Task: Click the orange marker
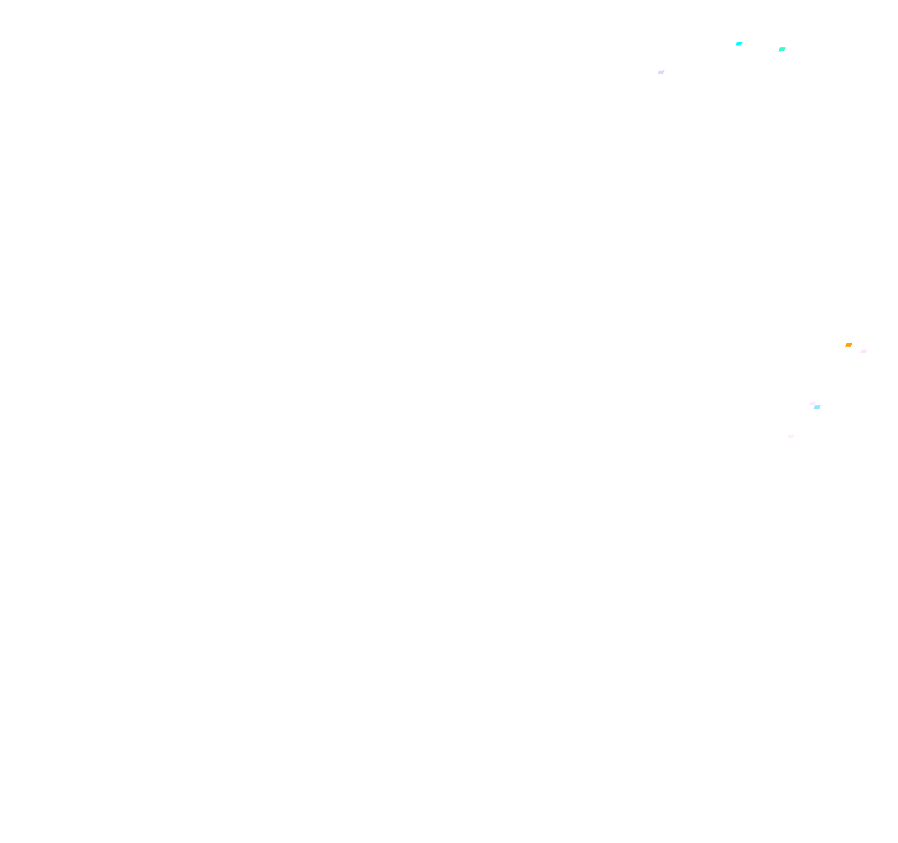click(x=848, y=345)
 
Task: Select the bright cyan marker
click(x=739, y=44)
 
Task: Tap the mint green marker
click(x=782, y=50)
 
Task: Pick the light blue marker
click(x=817, y=407)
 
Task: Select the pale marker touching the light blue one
click(x=812, y=404)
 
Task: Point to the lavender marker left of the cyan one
click(x=661, y=72)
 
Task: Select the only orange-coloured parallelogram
click(x=848, y=345)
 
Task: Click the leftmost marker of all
click(x=661, y=72)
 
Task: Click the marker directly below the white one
click(x=782, y=50)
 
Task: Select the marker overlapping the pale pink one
click(x=817, y=407)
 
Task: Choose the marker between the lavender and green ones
click(x=739, y=44)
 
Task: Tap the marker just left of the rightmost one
click(x=848, y=345)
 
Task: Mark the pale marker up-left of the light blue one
click(x=812, y=404)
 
